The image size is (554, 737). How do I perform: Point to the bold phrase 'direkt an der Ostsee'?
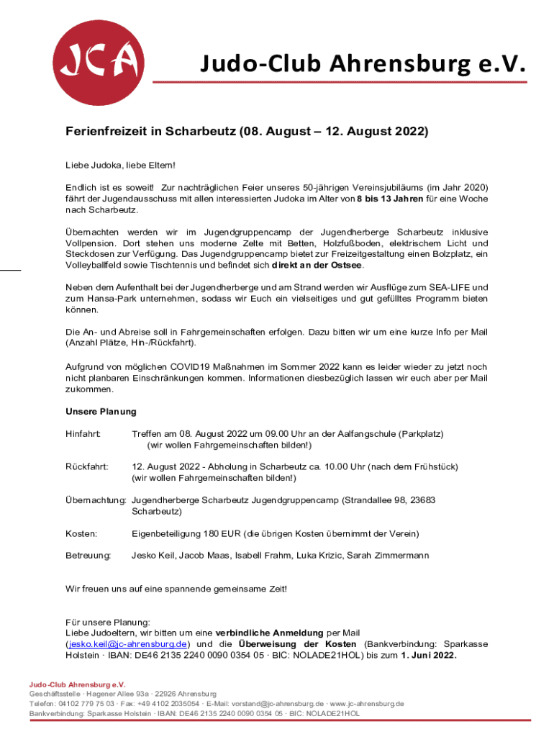[314, 266]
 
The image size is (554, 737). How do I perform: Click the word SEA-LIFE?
[450, 287]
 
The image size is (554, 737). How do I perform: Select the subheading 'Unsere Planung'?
[101, 412]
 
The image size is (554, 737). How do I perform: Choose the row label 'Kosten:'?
[81, 533]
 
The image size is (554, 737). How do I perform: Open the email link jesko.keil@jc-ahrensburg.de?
[127, 643]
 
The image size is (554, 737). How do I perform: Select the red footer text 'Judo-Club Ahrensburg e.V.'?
[77, 684]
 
